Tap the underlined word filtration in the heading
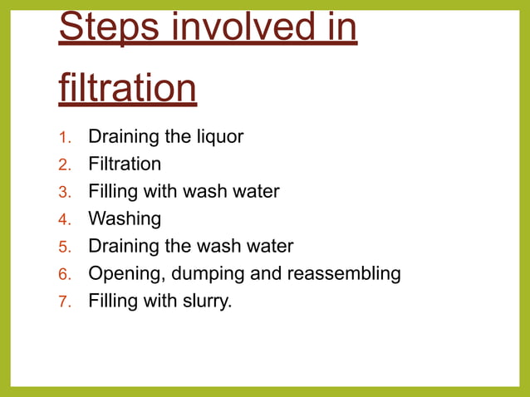[128, 87]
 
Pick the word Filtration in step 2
[125, 164]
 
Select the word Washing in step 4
[125, 219]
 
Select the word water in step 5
[268, 247]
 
